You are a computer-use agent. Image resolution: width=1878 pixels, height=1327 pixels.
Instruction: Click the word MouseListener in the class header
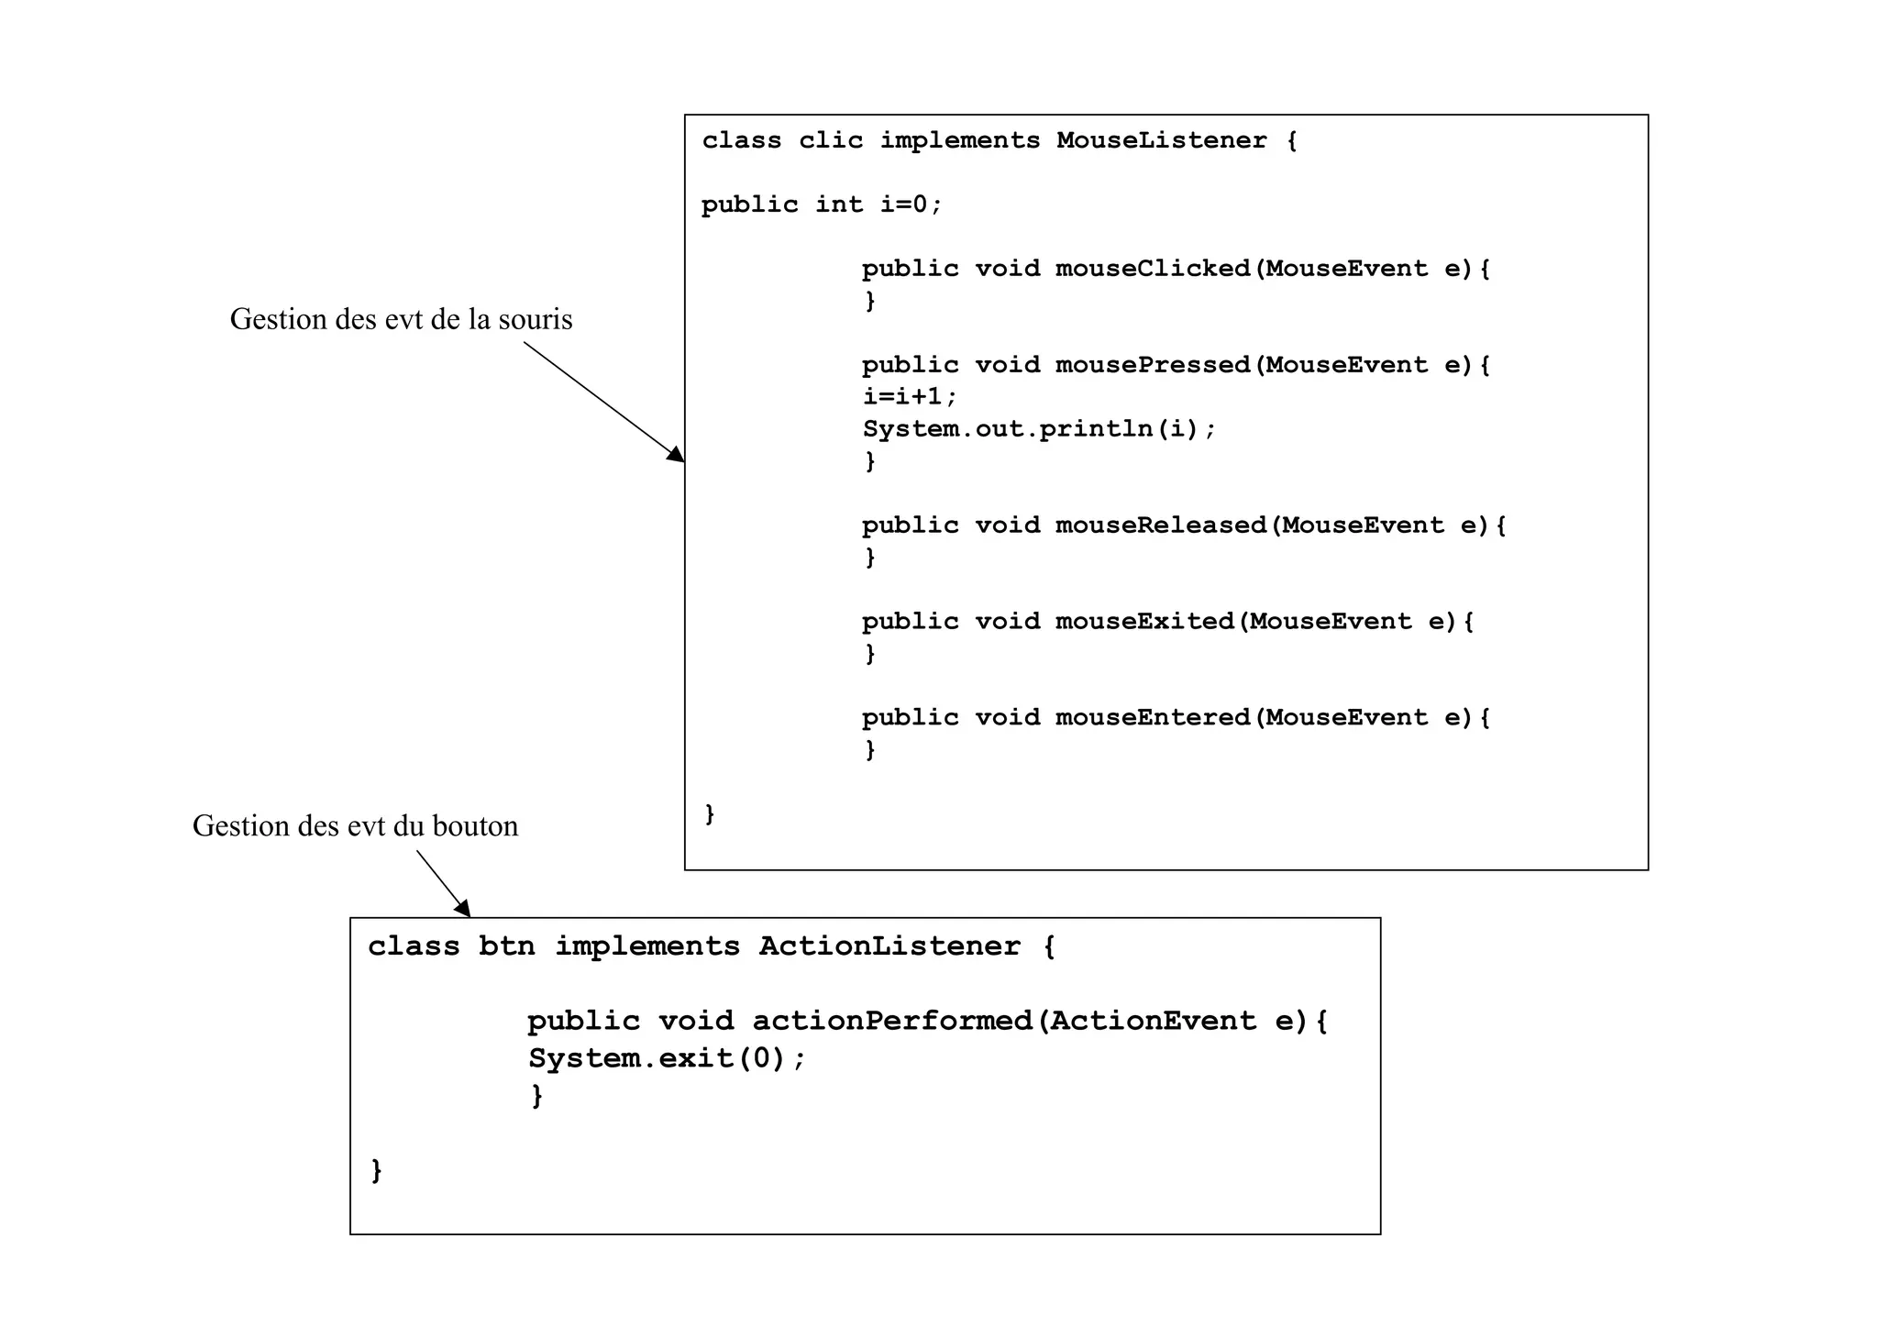click(1161, 140)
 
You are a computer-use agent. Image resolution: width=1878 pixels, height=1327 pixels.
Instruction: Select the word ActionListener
click(889, 946)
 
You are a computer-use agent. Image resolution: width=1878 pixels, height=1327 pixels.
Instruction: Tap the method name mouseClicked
click(1153, 269)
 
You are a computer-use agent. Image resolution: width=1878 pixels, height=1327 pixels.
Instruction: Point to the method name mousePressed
click(1153, 365)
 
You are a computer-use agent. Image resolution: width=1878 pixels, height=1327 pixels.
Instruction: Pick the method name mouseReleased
click(1161, 525)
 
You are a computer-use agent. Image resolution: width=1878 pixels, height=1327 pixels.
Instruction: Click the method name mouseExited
click(1144, 622)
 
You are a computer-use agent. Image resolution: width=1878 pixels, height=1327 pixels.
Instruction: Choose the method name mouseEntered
click(1153, 718)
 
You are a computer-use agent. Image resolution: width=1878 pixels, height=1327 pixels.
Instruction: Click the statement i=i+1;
click(910, 397)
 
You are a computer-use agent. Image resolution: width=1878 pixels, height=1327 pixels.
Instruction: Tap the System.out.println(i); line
click(1039, 429)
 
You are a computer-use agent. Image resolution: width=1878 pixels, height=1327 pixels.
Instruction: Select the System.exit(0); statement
click(667, 1059)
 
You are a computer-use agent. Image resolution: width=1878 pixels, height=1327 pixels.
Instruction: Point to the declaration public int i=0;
click(822, 205)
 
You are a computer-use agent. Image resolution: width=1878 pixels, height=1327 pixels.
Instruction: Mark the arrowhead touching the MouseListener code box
click(677, 455)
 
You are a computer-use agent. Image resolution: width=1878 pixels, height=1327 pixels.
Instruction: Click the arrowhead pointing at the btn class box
click(463, 908)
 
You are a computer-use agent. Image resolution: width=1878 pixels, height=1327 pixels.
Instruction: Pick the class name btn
click(506, 946)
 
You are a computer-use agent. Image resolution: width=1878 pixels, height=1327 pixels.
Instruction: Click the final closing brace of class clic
click(710, 813)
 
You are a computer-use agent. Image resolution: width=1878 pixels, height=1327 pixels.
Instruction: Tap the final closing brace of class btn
click(376, 1171)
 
